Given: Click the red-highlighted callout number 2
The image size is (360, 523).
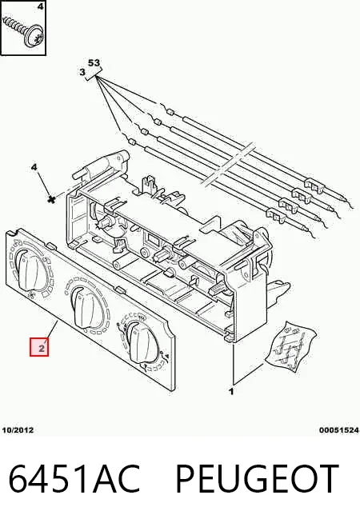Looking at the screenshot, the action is click(41, 349).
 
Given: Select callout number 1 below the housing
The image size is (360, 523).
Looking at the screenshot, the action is click(231, 391).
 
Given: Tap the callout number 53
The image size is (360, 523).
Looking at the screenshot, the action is click(94, 62).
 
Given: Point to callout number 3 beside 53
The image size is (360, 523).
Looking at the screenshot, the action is click(82, 72).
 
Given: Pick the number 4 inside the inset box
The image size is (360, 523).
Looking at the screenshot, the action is click(40, 6).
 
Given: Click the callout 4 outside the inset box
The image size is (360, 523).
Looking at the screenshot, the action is click(34, 167).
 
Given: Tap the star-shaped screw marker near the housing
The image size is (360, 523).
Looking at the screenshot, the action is click(51, 199).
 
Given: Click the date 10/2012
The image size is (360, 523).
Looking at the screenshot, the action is click(18, 430).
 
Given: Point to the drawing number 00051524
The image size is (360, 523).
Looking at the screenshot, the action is click(339, 430).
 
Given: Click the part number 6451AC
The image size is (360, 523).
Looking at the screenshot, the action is click(74, 478).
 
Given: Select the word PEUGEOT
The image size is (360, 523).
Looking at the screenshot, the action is click(258, 478).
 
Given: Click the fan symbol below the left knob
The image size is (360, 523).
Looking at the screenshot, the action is click(32, 295).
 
